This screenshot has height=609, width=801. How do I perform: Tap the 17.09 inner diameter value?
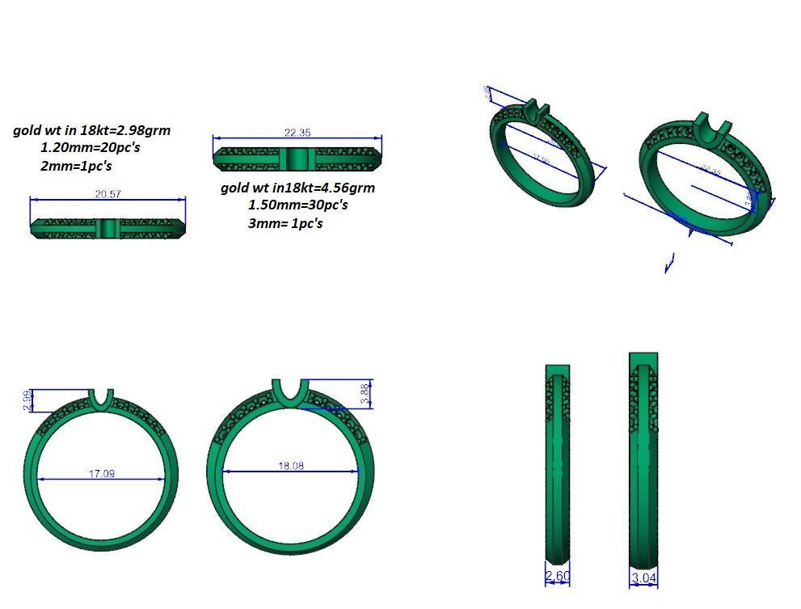tap(101, 473)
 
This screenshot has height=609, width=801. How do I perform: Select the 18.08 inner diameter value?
tap(292, 467)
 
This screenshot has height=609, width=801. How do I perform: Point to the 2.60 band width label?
tap(558, 577)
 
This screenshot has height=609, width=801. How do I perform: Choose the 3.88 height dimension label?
tap(365, 394)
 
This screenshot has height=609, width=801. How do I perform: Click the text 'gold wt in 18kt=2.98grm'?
tap(91, 129)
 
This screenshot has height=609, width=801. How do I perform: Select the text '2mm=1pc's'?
tap(76, 166)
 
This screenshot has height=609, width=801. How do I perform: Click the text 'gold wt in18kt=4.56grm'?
tap(297, 188)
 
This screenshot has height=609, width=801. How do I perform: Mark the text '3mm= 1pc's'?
tap(285, 223)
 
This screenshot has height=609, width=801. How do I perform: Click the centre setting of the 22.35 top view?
tap(297, 158)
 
